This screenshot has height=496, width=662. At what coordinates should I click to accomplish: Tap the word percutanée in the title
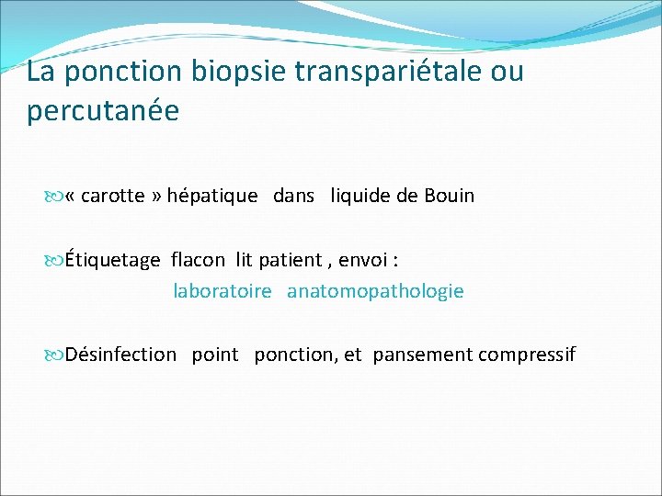[x=103, y=110]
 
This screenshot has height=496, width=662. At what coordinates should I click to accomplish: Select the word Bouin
[x=449, y=196]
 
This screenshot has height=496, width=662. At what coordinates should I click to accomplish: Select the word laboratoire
[x=223, y=291]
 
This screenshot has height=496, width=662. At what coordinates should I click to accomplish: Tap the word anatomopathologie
[x=375, y=291]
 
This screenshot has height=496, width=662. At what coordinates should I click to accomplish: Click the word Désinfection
[x=121, y=355]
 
